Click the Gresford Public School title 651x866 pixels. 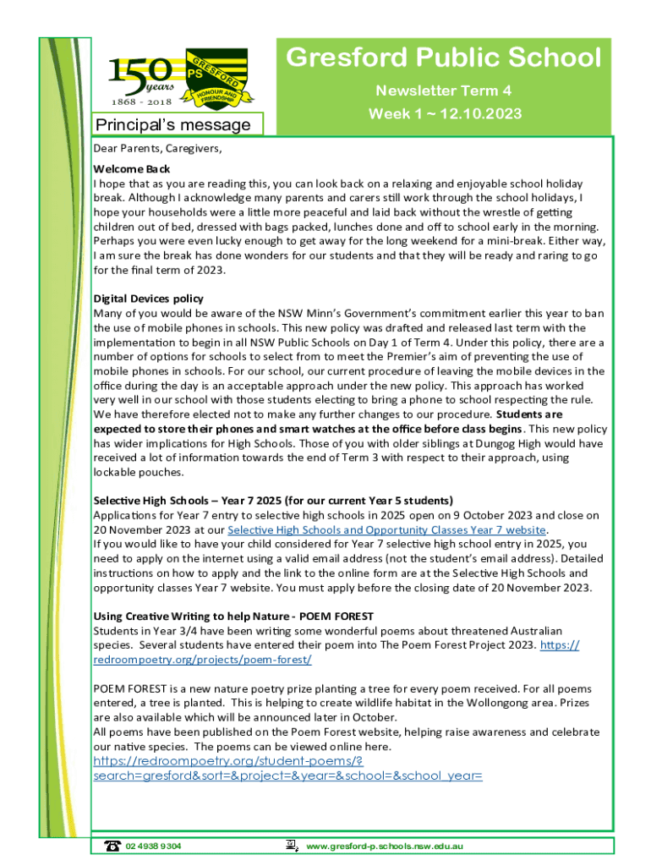click(x=443, y=58)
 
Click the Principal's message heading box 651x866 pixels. click(x=172, y=125)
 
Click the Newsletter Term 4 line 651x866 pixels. click(x=444, y=90)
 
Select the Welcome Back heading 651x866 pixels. click(x=131, y=169)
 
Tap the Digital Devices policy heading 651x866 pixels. click(x=148, y=299)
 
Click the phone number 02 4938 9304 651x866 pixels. click(x=153, y=846)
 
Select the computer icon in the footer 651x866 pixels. click(x=291, y=845)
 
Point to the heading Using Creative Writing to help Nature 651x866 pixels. click(x=232, y=616)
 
